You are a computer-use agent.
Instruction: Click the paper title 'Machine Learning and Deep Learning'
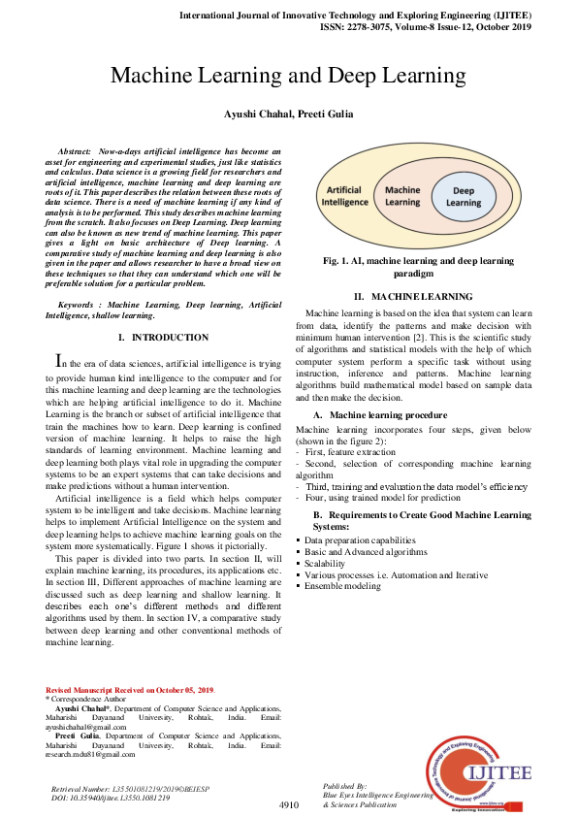point(288,76)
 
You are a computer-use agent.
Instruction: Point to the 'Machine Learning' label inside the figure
point(402,197)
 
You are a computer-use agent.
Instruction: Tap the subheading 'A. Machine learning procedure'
point(379,414)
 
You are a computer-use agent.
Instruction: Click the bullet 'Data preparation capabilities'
point(360,539)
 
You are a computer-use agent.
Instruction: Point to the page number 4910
point(288,805)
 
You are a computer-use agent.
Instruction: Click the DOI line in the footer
point(110,797)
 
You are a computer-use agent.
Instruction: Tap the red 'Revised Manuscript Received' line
point(131,689)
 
